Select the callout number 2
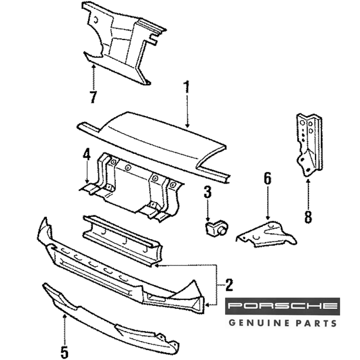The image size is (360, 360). [229, 285]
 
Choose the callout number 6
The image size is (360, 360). [267, 179]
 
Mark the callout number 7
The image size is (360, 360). [93, 97]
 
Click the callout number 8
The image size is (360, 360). [308, 217]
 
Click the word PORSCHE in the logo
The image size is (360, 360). [283, 306]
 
